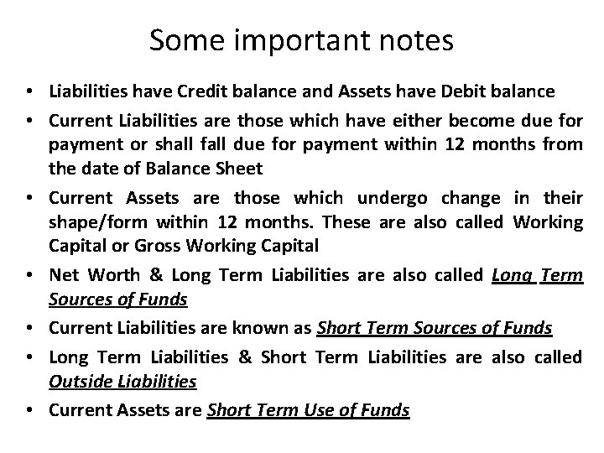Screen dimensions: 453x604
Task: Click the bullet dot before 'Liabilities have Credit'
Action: tap(29, 91)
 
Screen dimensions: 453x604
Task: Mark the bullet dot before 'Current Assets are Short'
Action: tap(29, 411)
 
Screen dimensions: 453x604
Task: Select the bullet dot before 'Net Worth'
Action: tap(29, 276)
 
